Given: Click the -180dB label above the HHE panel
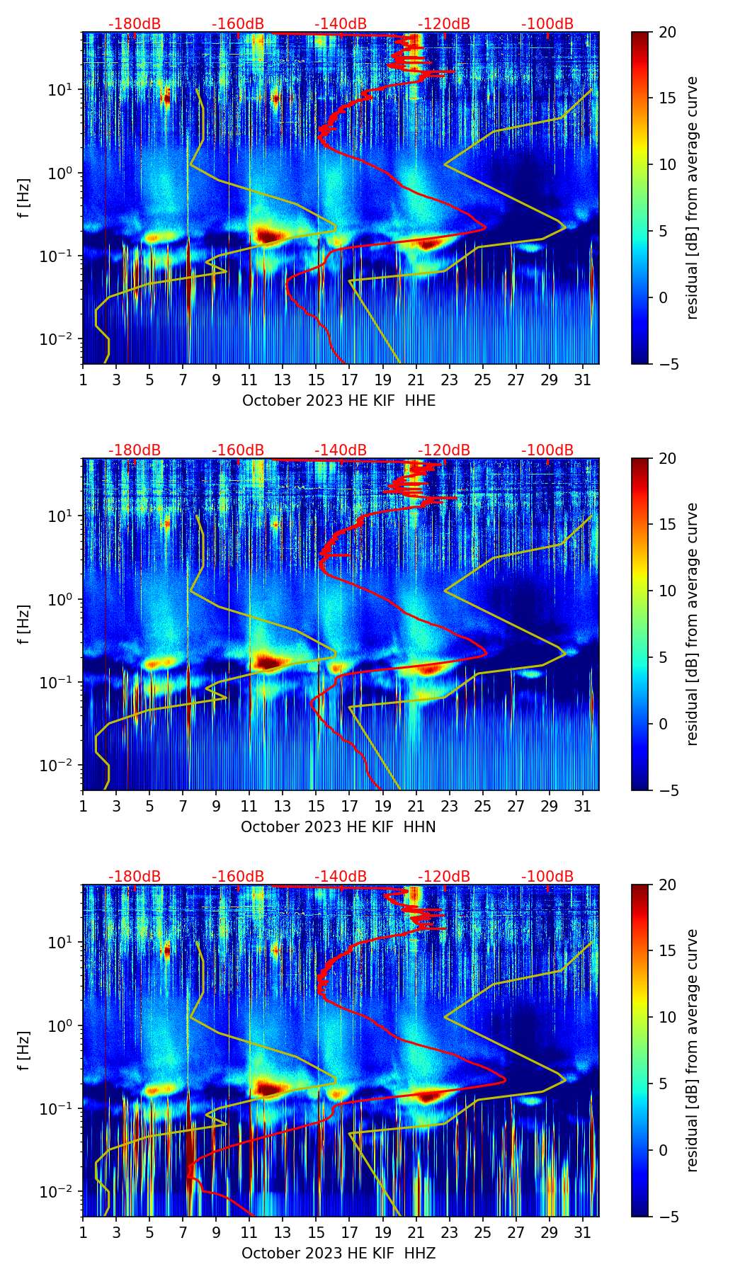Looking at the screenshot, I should (x=135, y=24).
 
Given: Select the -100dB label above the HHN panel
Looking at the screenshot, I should (x=547, y=450).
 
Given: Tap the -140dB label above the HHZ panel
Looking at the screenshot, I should (x=341, y=877).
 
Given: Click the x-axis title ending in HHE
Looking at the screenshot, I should (x=339, y=401).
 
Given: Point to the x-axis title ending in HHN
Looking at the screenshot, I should (x=339, y=827).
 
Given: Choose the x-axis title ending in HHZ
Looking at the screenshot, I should (x=339, y=1254).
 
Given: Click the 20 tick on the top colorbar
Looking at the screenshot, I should (x=667, y=33).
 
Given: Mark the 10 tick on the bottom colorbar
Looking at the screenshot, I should (x=667, y=1017).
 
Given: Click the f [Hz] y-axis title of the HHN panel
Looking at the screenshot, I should (x=24, y=624).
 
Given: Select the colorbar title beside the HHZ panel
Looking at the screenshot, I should (x=692, y=1050).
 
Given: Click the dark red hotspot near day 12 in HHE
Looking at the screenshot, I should (x=266, y=235).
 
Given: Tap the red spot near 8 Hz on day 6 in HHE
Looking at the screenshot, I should (x=166, y=99).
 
